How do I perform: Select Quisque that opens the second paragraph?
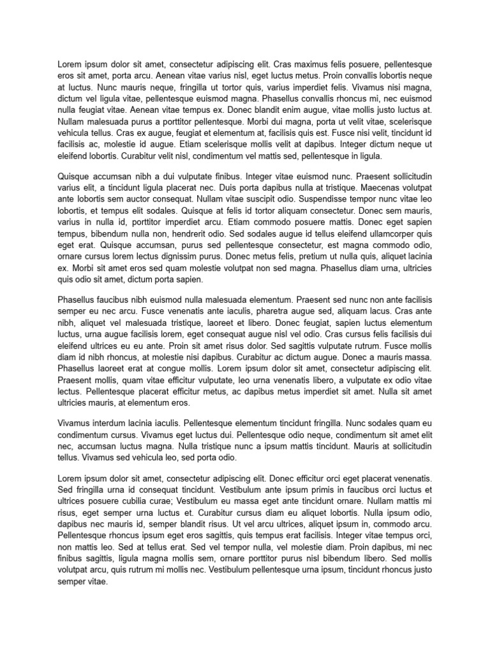pyautogui.click(x=75, y=176)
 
